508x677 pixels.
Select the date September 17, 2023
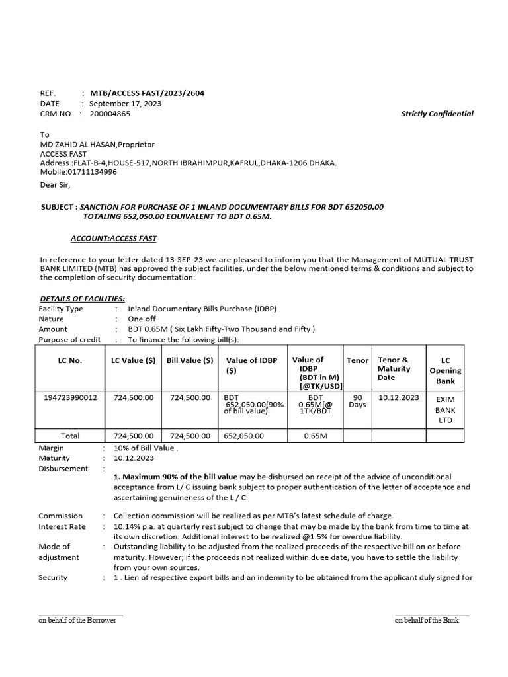pyautogui.click(x=125, y=104)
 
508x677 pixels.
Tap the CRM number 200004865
pyautogui.click(x=110, y=114)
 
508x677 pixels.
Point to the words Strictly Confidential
pyautogui.click(x=437, y=114)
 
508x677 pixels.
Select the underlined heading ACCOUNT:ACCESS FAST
pyautogui.click(x=114, y=238)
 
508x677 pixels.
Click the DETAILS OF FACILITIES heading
pyautogui.click(x=83, y=299)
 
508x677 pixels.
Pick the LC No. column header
pyautogui.click(x=70, y=360)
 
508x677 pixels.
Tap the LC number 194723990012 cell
pyautogui.click(x=70, y=397)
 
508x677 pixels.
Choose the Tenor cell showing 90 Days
pyautogui.click(x=357, y=401)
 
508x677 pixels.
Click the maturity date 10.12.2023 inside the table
pyautogui.click(x=398, y=397)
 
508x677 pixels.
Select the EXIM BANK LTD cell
pyautogui.click(x=445, y=410)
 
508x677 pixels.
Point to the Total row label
pyautogui.click(x=70, y=436)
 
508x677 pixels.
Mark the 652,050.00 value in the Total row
pyautogui.click(x=244, y=436)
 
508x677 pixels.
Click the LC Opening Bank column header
pyautogui.click(x=445, y=371)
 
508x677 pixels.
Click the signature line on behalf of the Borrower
pyautogui.click(x=81, y=616)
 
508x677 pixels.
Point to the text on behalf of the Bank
pyautogui.click(x=427, y=621)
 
